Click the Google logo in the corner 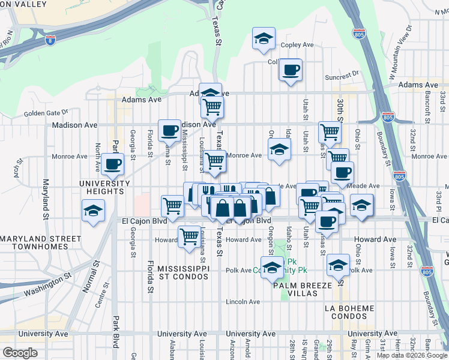coord(20,353)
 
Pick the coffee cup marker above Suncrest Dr coord(291,70)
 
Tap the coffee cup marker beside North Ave coord(112,163)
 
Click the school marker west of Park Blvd coord(94,211)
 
